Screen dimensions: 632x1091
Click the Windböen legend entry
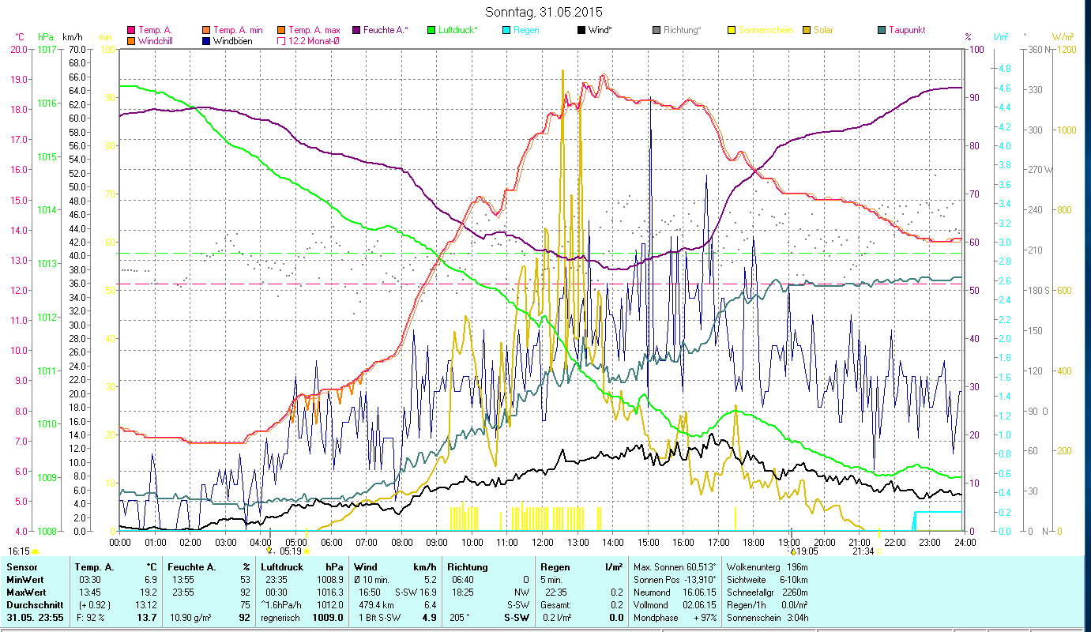point(232,41)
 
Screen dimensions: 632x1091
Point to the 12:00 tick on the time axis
point(543,543)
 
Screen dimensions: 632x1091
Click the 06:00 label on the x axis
point(331,543)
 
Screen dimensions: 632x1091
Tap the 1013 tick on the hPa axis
point(47,264)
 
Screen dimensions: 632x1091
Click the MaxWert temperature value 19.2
point(150,592)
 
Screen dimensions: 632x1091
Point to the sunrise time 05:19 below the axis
point(291,551)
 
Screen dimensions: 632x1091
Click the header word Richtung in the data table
point(468,567)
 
